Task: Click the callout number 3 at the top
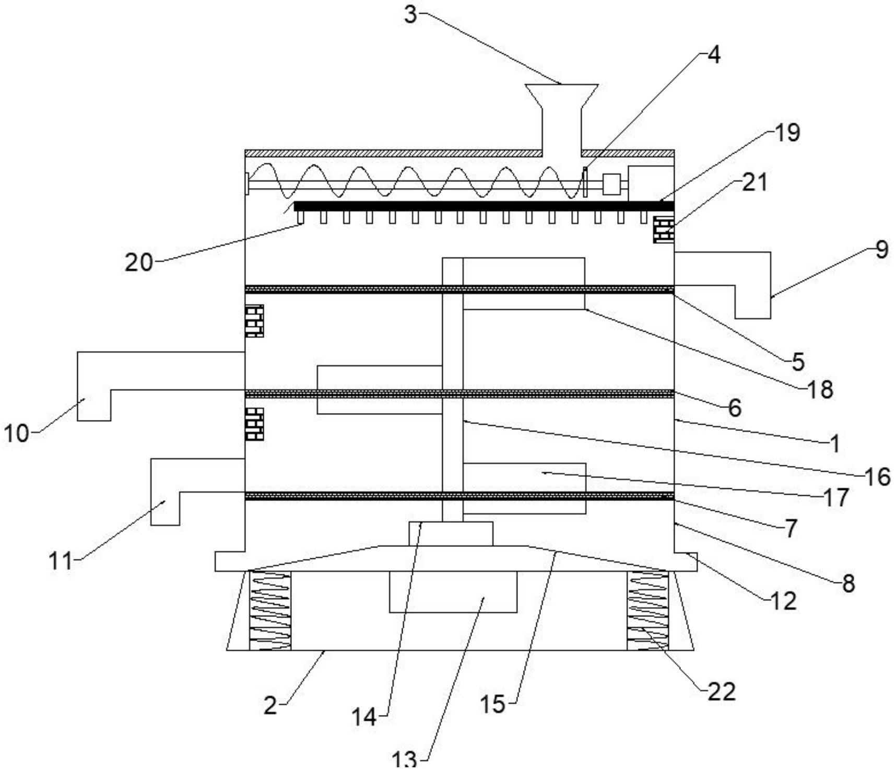(x=411, y=15)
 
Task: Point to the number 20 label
(x=138, y=262)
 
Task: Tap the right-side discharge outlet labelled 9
(x=752, y=285)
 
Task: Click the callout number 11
(x=60, y=561)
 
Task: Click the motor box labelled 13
(x=453, y=591)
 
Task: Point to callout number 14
(x=363, y=717)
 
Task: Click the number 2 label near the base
(x=270, y=706)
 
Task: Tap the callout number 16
(x=877, y=476)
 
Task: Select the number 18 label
(x=820, y=390)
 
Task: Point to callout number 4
(x=713, y=54)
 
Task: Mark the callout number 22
(x=722, y=692)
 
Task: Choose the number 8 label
(x=848, y=583)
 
